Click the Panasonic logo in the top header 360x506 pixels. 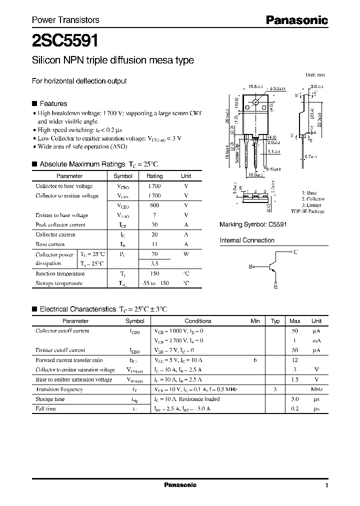pos(296,20)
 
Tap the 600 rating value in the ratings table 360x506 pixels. pos(154,205)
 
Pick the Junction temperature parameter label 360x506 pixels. pos(60,273)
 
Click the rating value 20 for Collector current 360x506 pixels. pos(154,234)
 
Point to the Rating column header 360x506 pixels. pos(154,176)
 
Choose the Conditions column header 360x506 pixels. pos(198,321)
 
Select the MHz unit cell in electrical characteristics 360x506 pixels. pos(316,389)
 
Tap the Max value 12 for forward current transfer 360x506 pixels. pos(295,360)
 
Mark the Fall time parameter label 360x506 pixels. pos(46,409)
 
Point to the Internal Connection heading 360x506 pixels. pos(247,240)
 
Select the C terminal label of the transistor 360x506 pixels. pos(296,252)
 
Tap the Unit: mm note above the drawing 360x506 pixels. pos(315,74)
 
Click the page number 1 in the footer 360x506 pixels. pos(326,485)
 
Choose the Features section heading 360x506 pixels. pos(53,103)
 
